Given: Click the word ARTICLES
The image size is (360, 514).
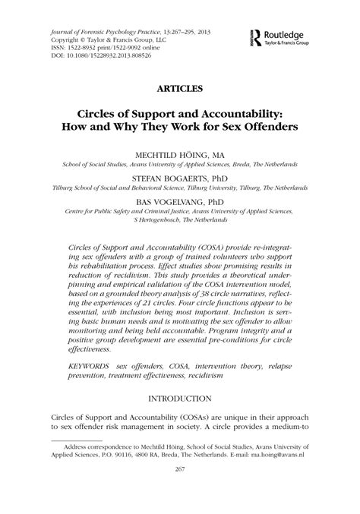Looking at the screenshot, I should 178,90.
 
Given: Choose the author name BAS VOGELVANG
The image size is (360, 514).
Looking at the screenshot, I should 162,202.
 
